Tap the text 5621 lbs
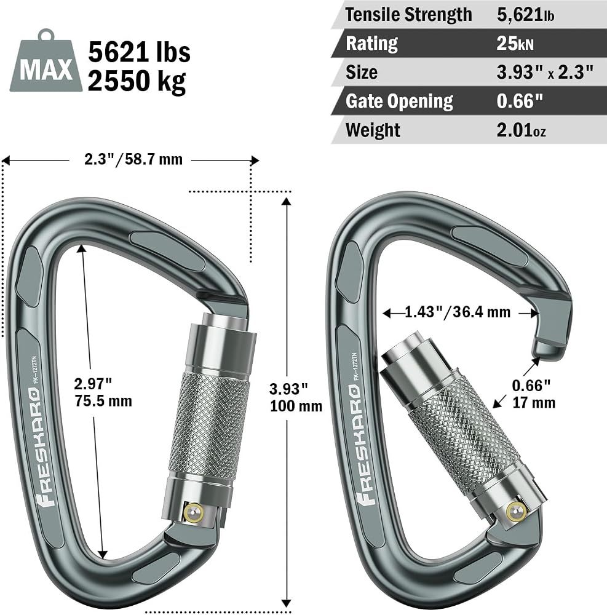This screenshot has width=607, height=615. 139,52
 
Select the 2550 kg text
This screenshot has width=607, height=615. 137,81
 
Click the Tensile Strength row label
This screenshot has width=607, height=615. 408,15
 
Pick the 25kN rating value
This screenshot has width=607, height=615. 515,43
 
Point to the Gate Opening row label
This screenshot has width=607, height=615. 399,101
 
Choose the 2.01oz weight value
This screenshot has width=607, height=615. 521,130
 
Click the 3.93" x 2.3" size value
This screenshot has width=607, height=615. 545,72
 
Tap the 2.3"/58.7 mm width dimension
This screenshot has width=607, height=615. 133,159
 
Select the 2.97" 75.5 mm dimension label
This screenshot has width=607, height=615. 103,392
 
